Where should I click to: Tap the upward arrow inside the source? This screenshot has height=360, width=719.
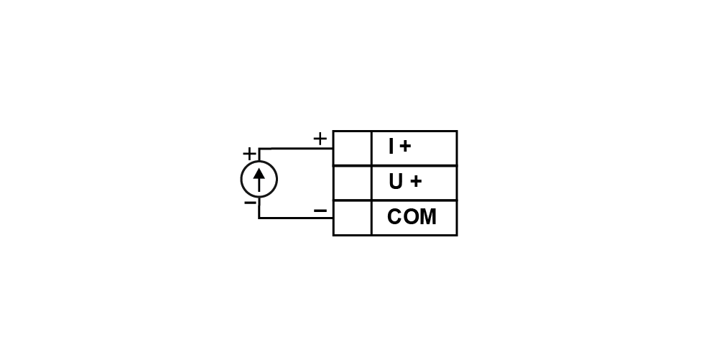[x=259, y=180]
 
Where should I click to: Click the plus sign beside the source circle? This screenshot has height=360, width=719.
[x=249, y=153]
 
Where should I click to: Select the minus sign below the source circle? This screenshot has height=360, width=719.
[x=250, y=203]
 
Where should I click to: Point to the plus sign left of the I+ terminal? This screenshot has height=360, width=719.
[x=320, y=138]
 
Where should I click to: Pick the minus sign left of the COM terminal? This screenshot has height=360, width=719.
[x=320, y=211]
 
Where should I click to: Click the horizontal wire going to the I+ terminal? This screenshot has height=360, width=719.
[x=296, y=149]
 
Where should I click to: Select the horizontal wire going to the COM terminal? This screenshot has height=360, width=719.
[x=296, y=218]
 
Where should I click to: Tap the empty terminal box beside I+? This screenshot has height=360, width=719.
[x=352, y=148]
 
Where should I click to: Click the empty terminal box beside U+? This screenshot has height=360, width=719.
[x=352, y=183]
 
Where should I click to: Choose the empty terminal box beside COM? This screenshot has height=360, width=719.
[x=352, y=218]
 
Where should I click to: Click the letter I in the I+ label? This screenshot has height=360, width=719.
[x=391, y=147]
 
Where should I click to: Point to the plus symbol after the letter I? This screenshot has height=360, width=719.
[x=405, y=147]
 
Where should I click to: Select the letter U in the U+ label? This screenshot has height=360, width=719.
[x=396, y=182]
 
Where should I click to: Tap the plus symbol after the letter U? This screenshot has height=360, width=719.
[x=415, y=182]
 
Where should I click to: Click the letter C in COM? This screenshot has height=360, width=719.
[x=394, y=217]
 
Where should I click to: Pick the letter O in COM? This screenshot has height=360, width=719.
[x=410, y=217]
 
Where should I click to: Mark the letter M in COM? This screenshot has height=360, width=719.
[x=428, y=217]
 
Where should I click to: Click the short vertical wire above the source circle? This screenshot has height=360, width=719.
[x=259, y=154]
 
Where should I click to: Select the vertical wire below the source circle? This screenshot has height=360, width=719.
[x=259, y=208]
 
